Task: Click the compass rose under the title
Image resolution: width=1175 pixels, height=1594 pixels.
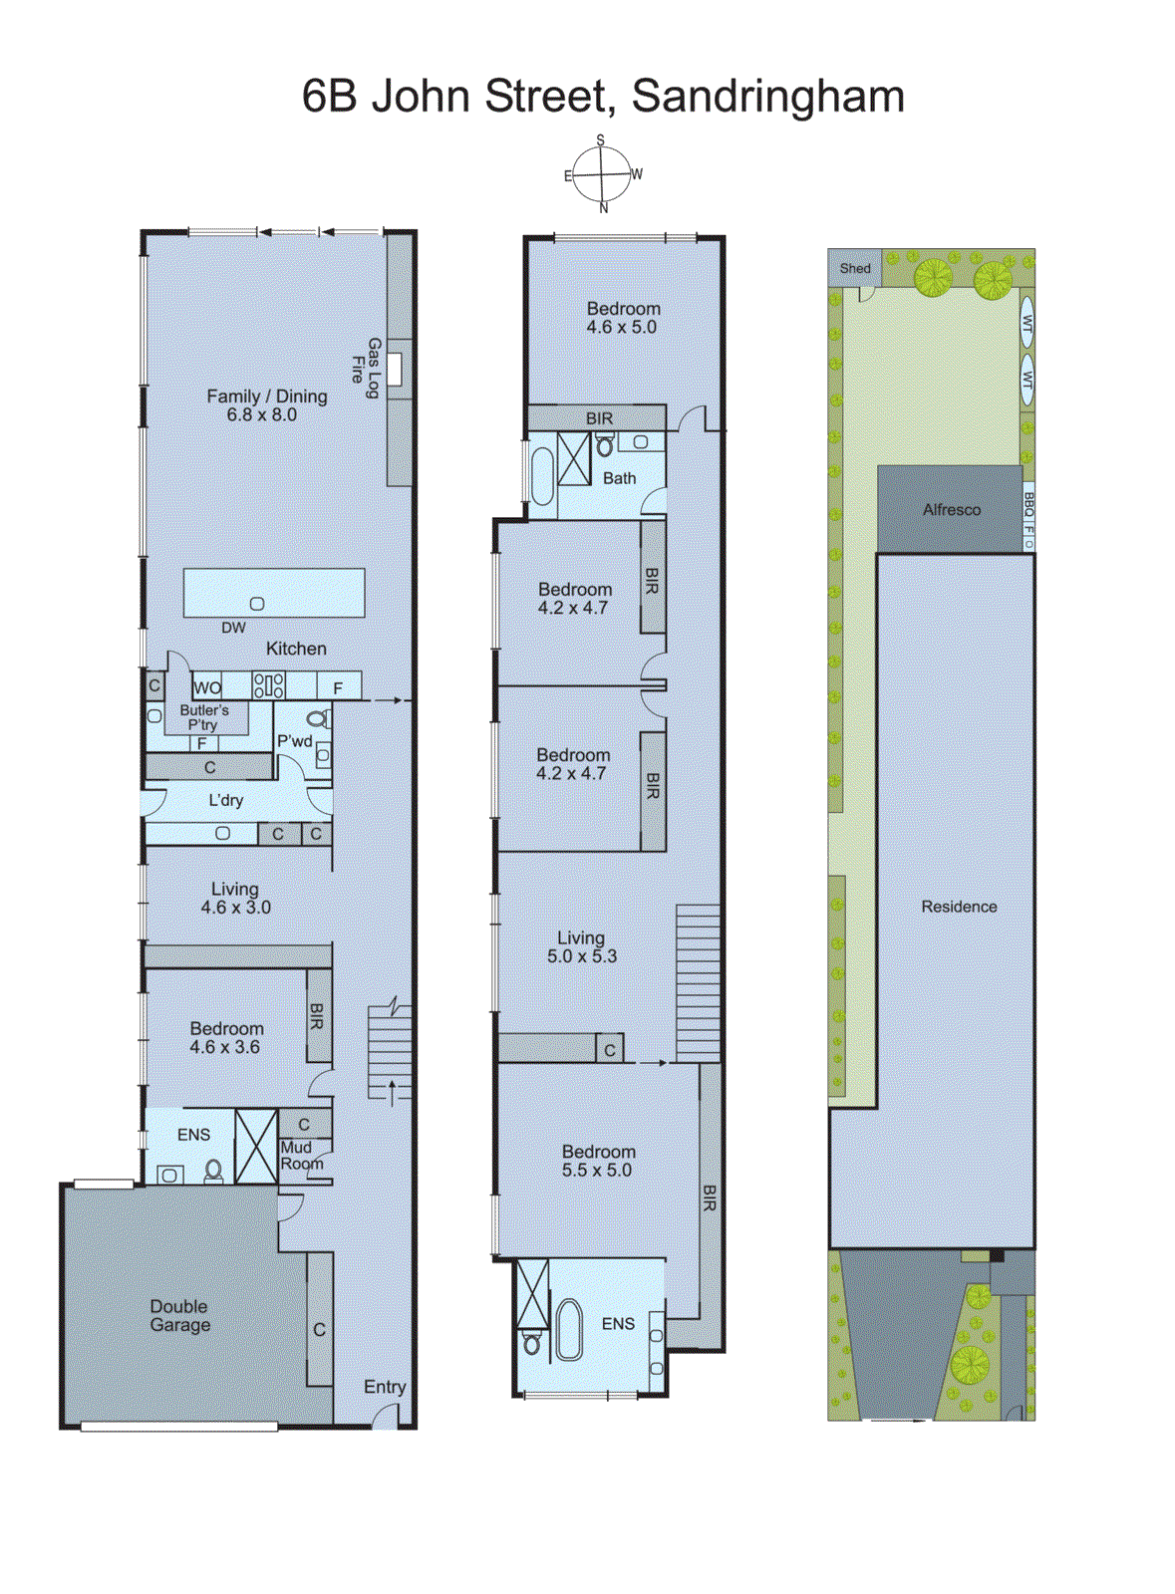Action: (602, 175)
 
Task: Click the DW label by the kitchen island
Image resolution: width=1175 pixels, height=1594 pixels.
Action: (233, 628)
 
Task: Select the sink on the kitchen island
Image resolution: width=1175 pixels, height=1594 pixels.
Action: (257, 604)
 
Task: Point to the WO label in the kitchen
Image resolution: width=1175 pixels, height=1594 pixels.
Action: (207, 687)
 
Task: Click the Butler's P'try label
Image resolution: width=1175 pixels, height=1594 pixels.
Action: (204, 717)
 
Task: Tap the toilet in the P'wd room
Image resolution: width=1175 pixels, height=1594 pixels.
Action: (317, 718)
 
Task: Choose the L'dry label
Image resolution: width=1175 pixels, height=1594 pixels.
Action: (226, 800)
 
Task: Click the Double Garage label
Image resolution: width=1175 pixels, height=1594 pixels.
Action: (180, 1315)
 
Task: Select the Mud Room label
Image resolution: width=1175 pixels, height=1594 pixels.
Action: (300, 1156)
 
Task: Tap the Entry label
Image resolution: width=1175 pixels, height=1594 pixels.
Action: (385, 1387)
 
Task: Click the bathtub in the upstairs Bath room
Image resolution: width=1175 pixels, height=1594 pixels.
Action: (542, 476)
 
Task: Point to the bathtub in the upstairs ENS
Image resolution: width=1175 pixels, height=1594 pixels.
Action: (569, 1329)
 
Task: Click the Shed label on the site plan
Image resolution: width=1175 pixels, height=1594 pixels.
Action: (855, 268)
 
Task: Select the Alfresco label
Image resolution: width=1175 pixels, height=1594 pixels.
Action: (952, 509)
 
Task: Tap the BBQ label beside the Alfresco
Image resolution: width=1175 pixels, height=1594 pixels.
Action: (1029, 504)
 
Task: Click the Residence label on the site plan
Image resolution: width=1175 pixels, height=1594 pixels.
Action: (959, 907)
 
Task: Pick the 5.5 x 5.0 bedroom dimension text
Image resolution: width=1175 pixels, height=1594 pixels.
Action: (596, 1171)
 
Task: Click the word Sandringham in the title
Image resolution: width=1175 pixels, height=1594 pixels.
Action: (768, 97)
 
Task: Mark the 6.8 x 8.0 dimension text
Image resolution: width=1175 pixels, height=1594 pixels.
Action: (261, 414)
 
